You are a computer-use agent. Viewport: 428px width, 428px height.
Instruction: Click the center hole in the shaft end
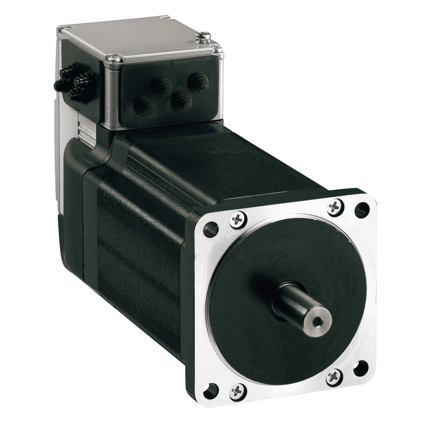pyautogui.click(x=318, y=322)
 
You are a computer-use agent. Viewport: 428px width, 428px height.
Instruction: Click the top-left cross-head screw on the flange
pyautogui.click(x=238, y=219)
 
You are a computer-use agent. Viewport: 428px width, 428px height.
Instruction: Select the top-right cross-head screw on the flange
pyautogui.click(x=336, y=206)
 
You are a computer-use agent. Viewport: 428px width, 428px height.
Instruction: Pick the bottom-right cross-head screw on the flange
pyautogui.click(x=334, y=377)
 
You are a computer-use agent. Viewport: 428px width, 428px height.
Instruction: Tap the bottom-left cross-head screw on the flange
pyautogui.click(x=238, y=390)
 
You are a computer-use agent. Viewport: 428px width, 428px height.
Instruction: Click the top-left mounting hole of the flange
pyautogui.click(x=211, y=229)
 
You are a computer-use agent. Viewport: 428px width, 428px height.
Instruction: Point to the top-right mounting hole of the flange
pyautogui.click(x=362, y=209)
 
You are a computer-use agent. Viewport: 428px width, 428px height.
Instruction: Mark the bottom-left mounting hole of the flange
pyautogui.click(x=211, y=389)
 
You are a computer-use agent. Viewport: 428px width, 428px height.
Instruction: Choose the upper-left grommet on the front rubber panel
pyautogui.click(x=163, y=86)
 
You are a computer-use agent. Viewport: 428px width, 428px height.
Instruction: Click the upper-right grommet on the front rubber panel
pyautogui.click(x=198, y=82)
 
